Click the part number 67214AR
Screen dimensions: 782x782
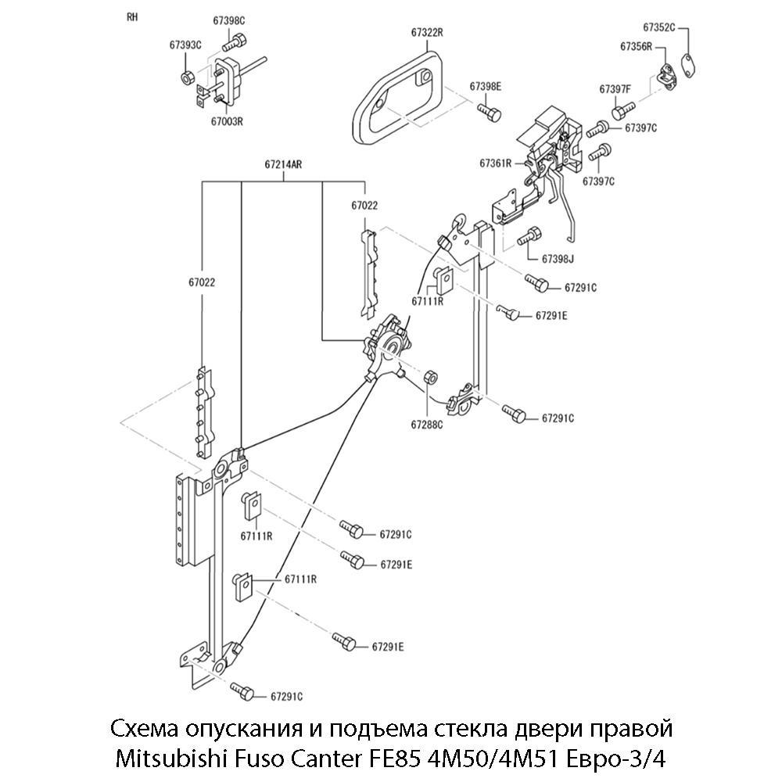283,165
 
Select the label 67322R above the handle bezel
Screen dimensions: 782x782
427,33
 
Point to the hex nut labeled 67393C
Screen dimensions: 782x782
188,77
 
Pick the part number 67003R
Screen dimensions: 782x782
227,121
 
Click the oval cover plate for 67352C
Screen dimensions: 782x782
687,64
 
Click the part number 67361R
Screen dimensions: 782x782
495,163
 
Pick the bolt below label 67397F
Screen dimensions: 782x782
617,112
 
